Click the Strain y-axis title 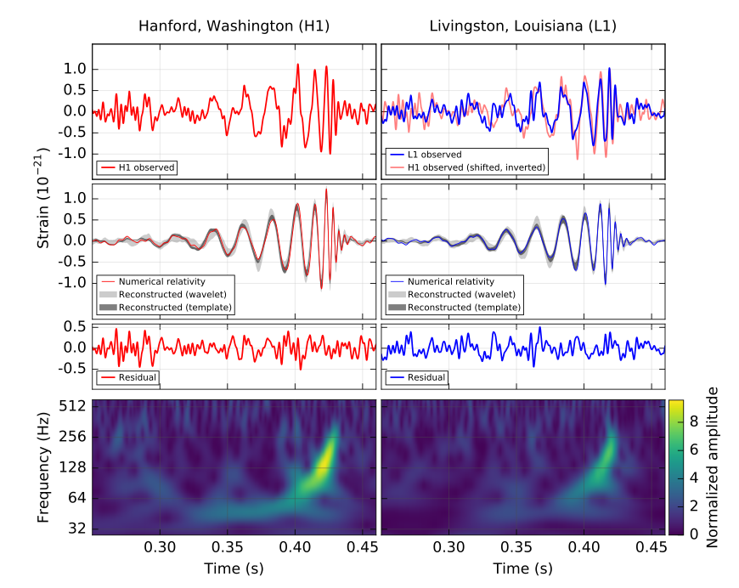click(42, 197)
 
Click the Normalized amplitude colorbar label click(714, 466)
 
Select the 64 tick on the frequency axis click(76, 498)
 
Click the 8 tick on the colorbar click(693, 418)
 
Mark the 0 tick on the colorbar click(693, 534)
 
